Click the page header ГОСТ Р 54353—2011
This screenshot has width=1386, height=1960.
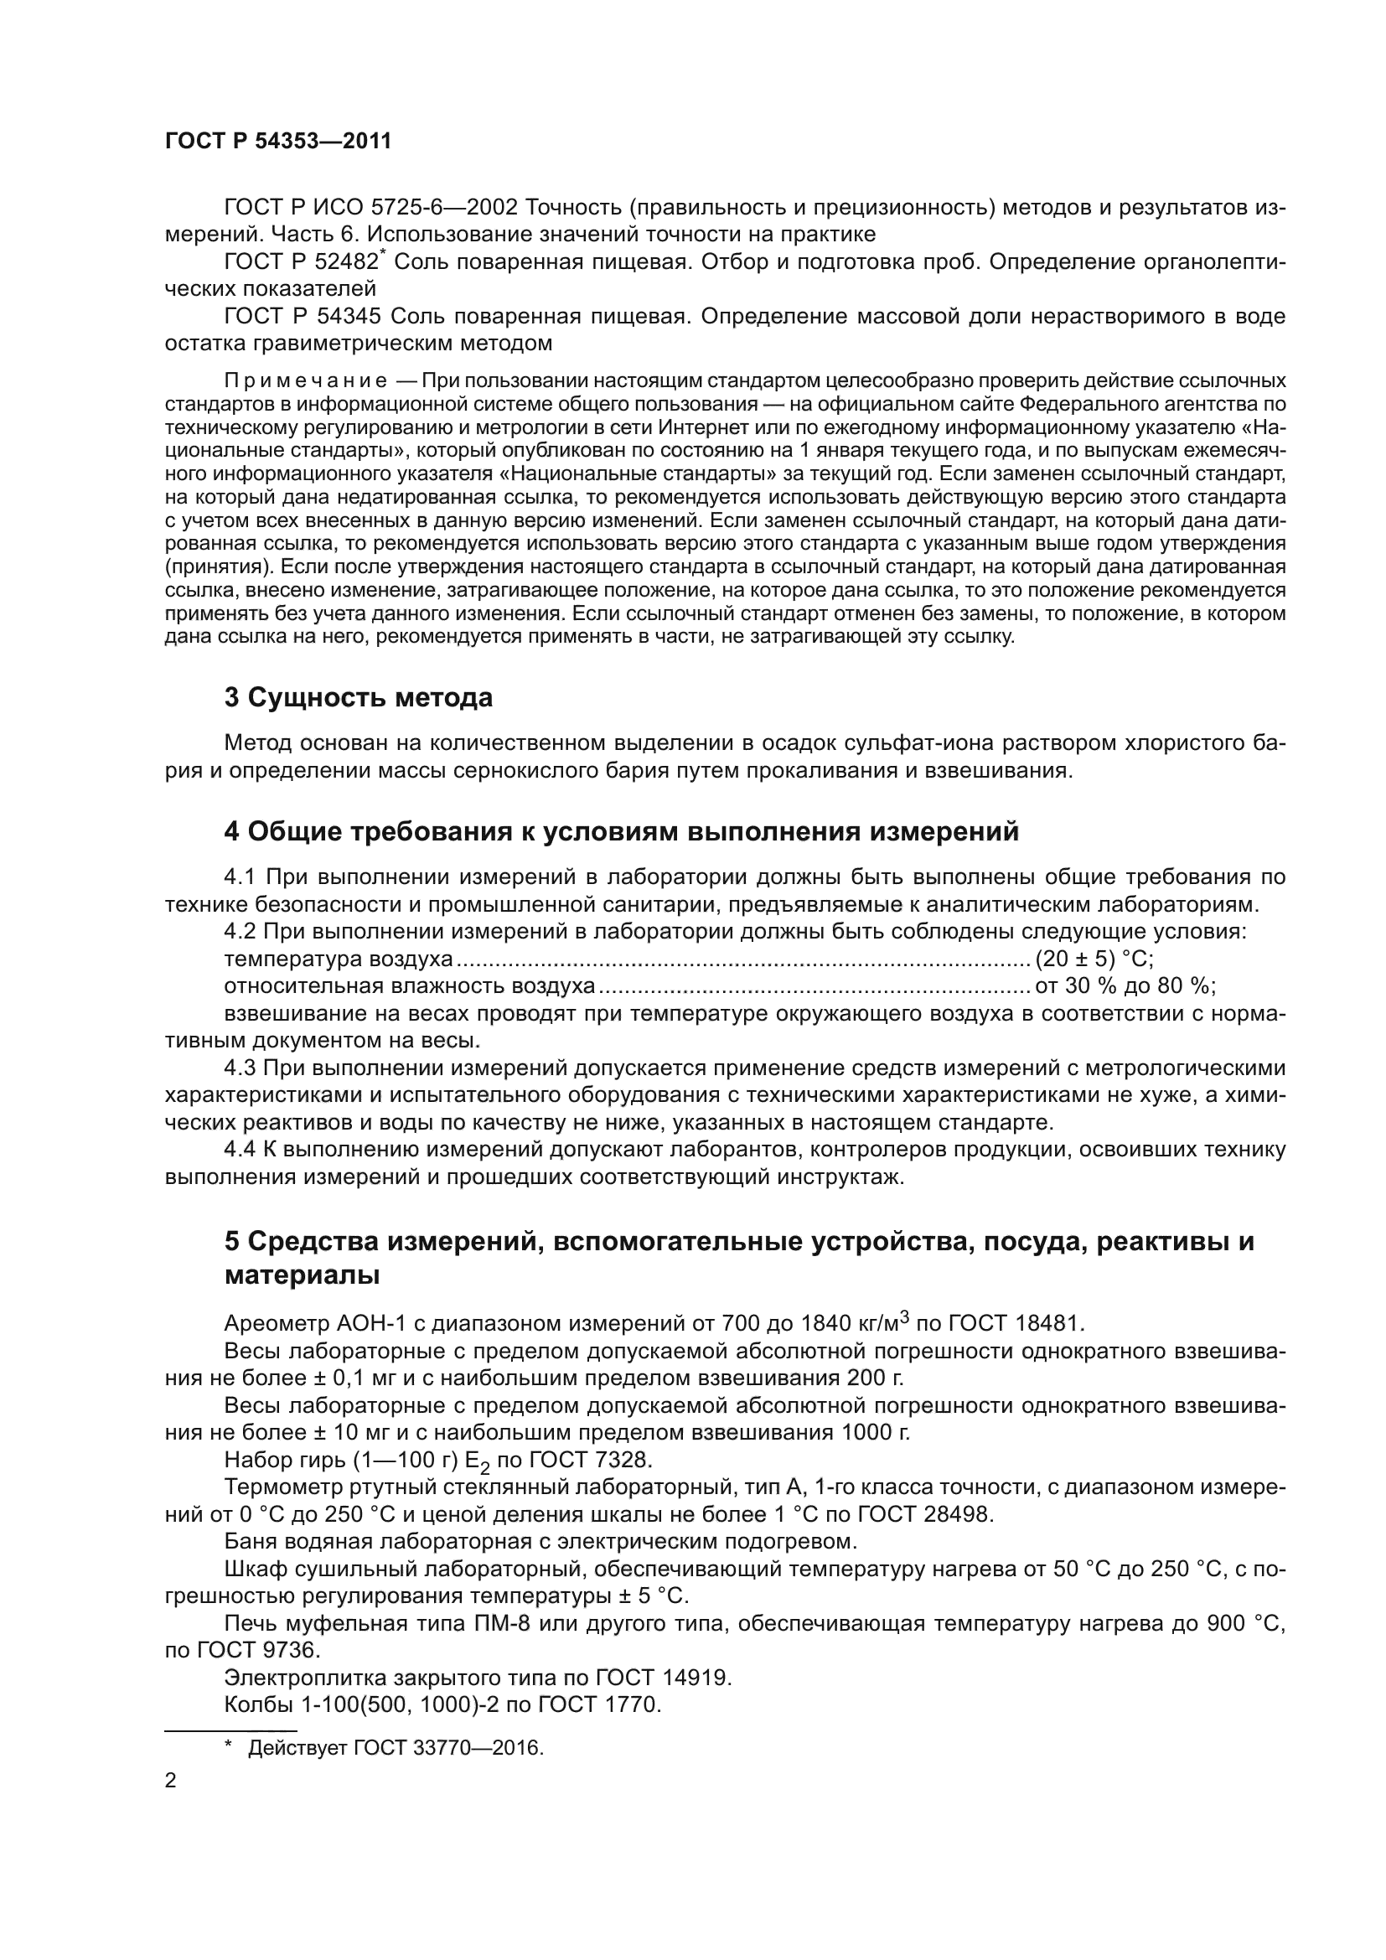coord(277,142)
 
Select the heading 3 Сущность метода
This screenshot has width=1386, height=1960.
coord(359,697)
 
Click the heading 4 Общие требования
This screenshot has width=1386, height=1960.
coord(620,830)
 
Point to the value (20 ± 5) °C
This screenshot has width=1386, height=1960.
coord(1094,959)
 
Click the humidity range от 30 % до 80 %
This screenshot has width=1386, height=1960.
coord(1124,986)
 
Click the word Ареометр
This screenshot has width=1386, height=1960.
coord(276,1324)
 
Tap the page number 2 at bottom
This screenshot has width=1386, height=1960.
coord(170,1781)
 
